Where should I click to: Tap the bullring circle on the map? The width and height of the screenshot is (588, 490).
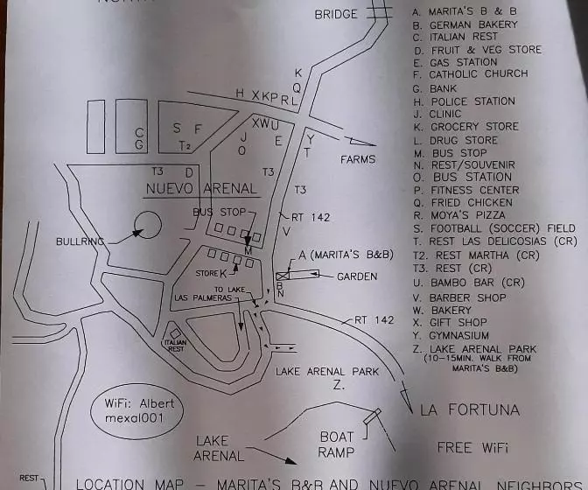[148, 227]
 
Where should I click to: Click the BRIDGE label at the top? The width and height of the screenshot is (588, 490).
[336, 14]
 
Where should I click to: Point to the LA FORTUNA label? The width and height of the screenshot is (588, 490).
[470, 409]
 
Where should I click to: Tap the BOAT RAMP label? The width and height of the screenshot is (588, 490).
[336, 444]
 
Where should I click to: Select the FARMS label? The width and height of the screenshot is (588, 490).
[358, 159]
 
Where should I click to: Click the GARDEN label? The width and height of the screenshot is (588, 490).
[357, 276]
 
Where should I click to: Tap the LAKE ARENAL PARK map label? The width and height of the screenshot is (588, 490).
[327, 372]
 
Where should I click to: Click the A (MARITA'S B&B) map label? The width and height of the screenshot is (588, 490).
[342, 255]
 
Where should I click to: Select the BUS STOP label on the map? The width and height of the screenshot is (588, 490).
[220, 213]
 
